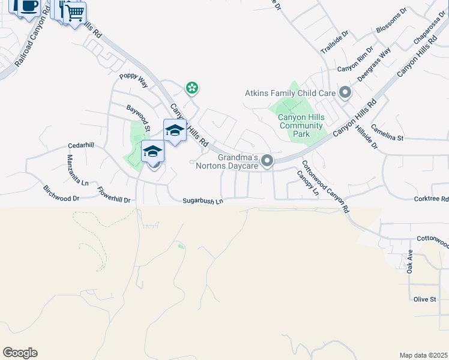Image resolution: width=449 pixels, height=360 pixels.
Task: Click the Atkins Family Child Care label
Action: pos(289,93)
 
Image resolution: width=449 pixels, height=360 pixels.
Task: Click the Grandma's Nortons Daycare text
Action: pos(229,161)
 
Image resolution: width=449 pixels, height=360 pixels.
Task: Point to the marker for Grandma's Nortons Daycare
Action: pos(268,160)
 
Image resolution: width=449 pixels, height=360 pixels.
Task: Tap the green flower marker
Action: pos(191,89)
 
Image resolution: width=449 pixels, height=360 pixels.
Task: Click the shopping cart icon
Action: pos(75,13)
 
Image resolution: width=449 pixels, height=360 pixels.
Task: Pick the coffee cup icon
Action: pos(29,6)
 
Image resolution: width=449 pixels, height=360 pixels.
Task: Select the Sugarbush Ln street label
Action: pos(203,200)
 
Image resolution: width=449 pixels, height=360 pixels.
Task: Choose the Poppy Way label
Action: pos(133,80)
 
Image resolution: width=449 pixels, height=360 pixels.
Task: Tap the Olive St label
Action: pos(424,299)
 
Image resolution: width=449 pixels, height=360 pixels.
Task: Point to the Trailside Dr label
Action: pos(334,43)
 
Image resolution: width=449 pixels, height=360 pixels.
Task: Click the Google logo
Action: pos(20,353)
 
